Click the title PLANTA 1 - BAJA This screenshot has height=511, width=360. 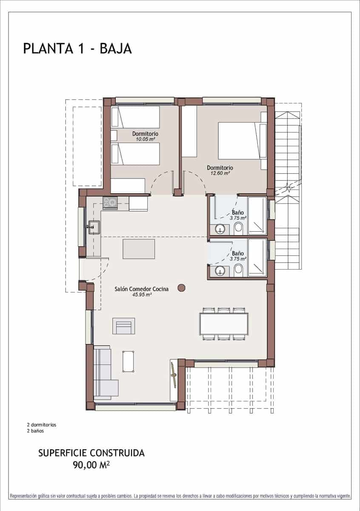[x=77, y=49]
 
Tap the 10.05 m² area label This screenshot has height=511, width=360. [x=145, y=139]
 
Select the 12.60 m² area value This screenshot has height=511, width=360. [x=220, y=173]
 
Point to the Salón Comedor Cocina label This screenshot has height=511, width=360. [x=141, y=289]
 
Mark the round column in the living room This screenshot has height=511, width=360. [x=181, y=288]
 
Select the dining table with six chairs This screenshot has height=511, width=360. [x=224, y=324]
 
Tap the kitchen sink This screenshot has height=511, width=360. [x=94, y=227]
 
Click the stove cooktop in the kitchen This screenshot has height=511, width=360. [x=110, y=203]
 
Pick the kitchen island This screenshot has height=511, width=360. [x=139, y=249]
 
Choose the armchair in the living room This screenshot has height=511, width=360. [x=123, y=326]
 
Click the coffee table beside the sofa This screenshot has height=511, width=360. [x=128, y=362]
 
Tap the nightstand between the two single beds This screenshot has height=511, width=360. [x=114, y=135]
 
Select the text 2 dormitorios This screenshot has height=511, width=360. [x=41, y=425]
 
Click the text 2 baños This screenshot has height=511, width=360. [x=35, y=431]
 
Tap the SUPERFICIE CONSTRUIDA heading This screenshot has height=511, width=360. [x=91, y=453]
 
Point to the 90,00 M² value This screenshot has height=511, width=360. [x=91, y=465]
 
